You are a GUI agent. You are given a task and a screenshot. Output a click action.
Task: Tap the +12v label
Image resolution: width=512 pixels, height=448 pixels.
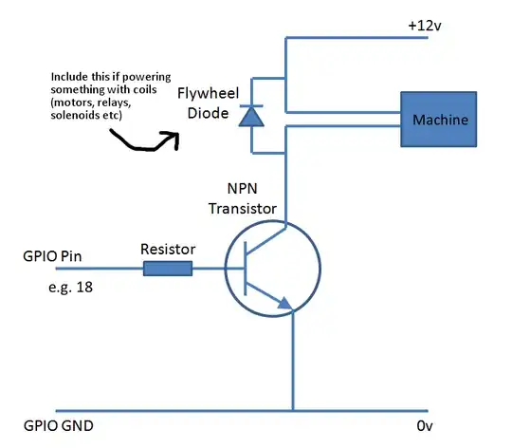[x=426, y=26]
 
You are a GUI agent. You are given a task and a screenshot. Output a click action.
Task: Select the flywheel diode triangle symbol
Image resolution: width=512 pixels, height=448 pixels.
[x=250, y=116]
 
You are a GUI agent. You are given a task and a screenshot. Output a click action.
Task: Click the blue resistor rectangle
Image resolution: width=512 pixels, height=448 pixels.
[x=168, y=269]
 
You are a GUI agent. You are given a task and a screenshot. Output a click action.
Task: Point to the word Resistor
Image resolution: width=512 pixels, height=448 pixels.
[x=168, y=249]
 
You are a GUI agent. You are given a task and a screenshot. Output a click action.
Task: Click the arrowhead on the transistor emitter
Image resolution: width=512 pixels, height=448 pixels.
[x=283, y=303]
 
